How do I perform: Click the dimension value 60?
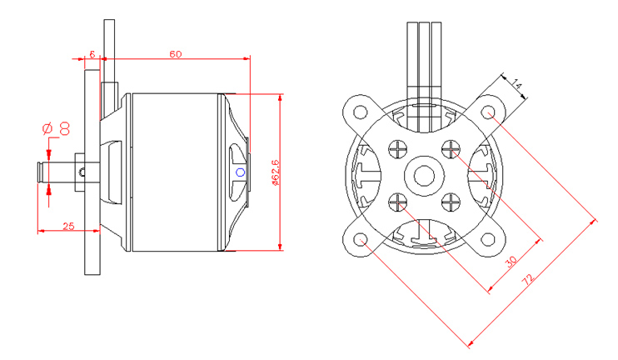point(176,54)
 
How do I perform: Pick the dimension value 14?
point(516,84)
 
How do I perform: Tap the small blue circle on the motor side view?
point(241,172)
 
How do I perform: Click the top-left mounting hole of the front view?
point(361,112)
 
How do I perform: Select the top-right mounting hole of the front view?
point(491,112)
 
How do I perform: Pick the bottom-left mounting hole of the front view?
point(361,241)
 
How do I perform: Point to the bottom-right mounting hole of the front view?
point(491,241)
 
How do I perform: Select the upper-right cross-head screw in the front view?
point(452,150)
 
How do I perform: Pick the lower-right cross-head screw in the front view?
point(452,202)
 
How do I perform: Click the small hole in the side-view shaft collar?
point(82,172)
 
